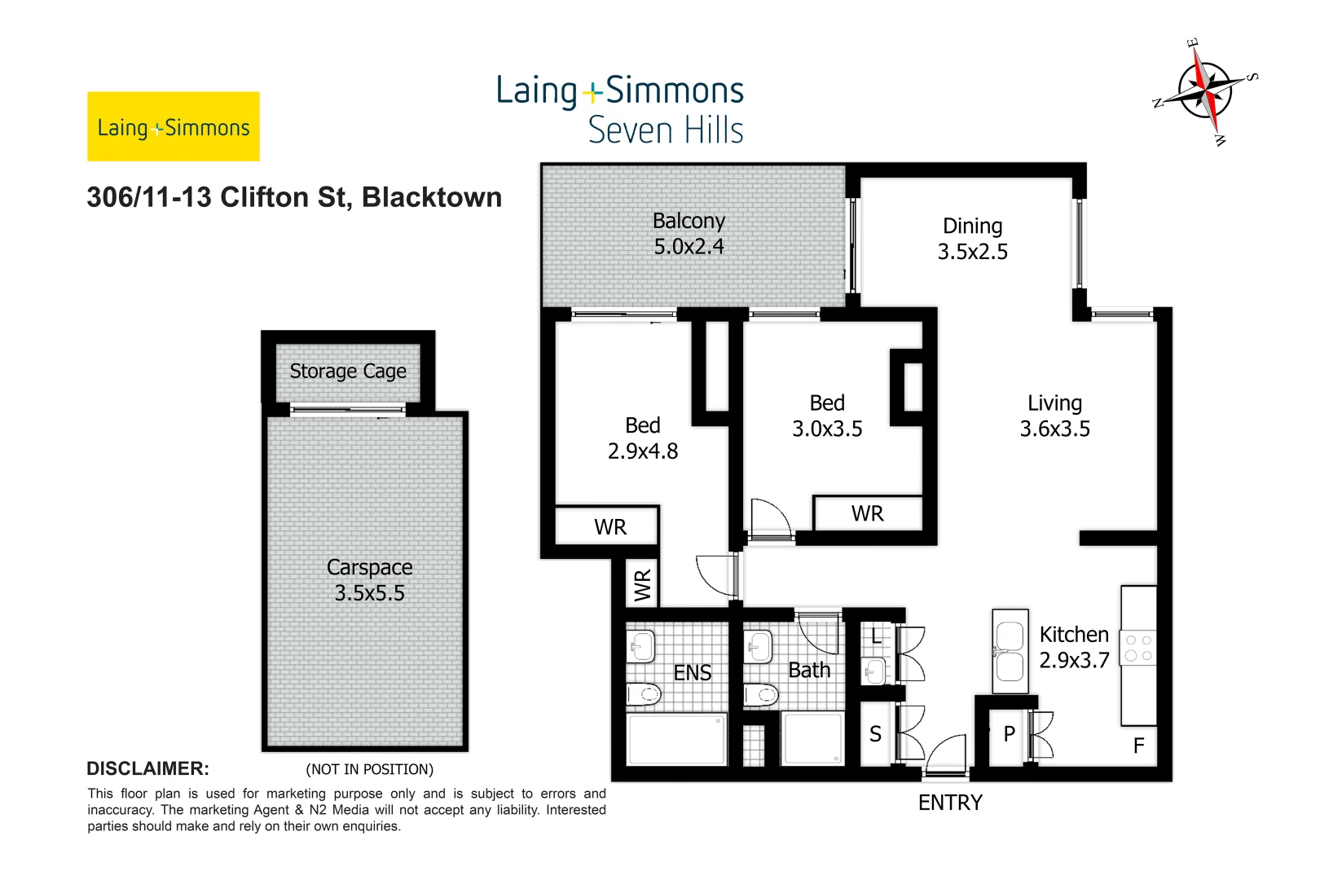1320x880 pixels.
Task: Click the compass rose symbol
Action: tap(1205, 90)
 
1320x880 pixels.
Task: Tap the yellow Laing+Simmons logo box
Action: tap(174, 126)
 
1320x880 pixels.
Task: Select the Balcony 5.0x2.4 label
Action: tap(689, 234)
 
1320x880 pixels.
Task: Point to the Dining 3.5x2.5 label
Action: tap(972, 239)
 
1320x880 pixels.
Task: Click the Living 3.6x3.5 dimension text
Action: tap(1054, 429)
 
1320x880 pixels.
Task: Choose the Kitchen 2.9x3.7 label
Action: tap(1074, 648)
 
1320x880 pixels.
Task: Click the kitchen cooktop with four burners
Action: tap(1138, 648)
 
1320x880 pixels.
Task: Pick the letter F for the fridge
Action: tap(1138, 745)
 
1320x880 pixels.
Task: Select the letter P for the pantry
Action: tap(1009, 734)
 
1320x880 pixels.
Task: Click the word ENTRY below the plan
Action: tap(950, 803)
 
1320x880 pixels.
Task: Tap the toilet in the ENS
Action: tap(644, 694)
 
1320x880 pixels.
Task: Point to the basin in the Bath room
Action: tap(758, 647)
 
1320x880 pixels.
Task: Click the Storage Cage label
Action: tap(348, 372)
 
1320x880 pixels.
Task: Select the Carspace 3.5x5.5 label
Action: tap(369, 580)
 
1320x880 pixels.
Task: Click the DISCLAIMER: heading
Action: tap(147, 768)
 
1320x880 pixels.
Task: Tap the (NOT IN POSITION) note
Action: tap(369, 769)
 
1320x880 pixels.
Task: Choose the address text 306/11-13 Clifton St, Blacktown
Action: tap(294, 198)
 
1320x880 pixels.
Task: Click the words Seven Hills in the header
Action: tap(665, 130)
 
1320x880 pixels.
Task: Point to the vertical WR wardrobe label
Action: tap(643, 585)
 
